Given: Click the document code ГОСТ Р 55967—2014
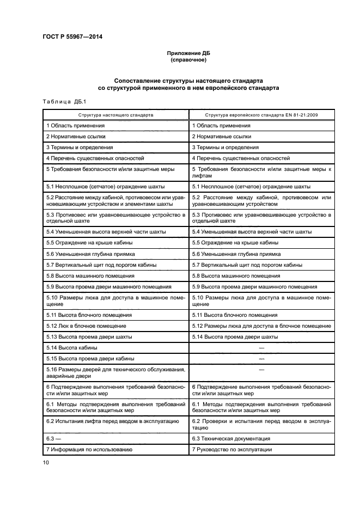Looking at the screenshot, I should click(x=72, y=37).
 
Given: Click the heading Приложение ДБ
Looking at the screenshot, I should click(x=187, y=52).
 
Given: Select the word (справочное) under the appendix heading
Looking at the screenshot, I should click(x=187, y=59).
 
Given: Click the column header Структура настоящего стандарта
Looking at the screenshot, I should click(x=115, y=115).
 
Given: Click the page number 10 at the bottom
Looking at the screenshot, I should click(x=46, y=462).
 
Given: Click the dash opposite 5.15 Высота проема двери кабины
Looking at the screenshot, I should click(x=262, y=358).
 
